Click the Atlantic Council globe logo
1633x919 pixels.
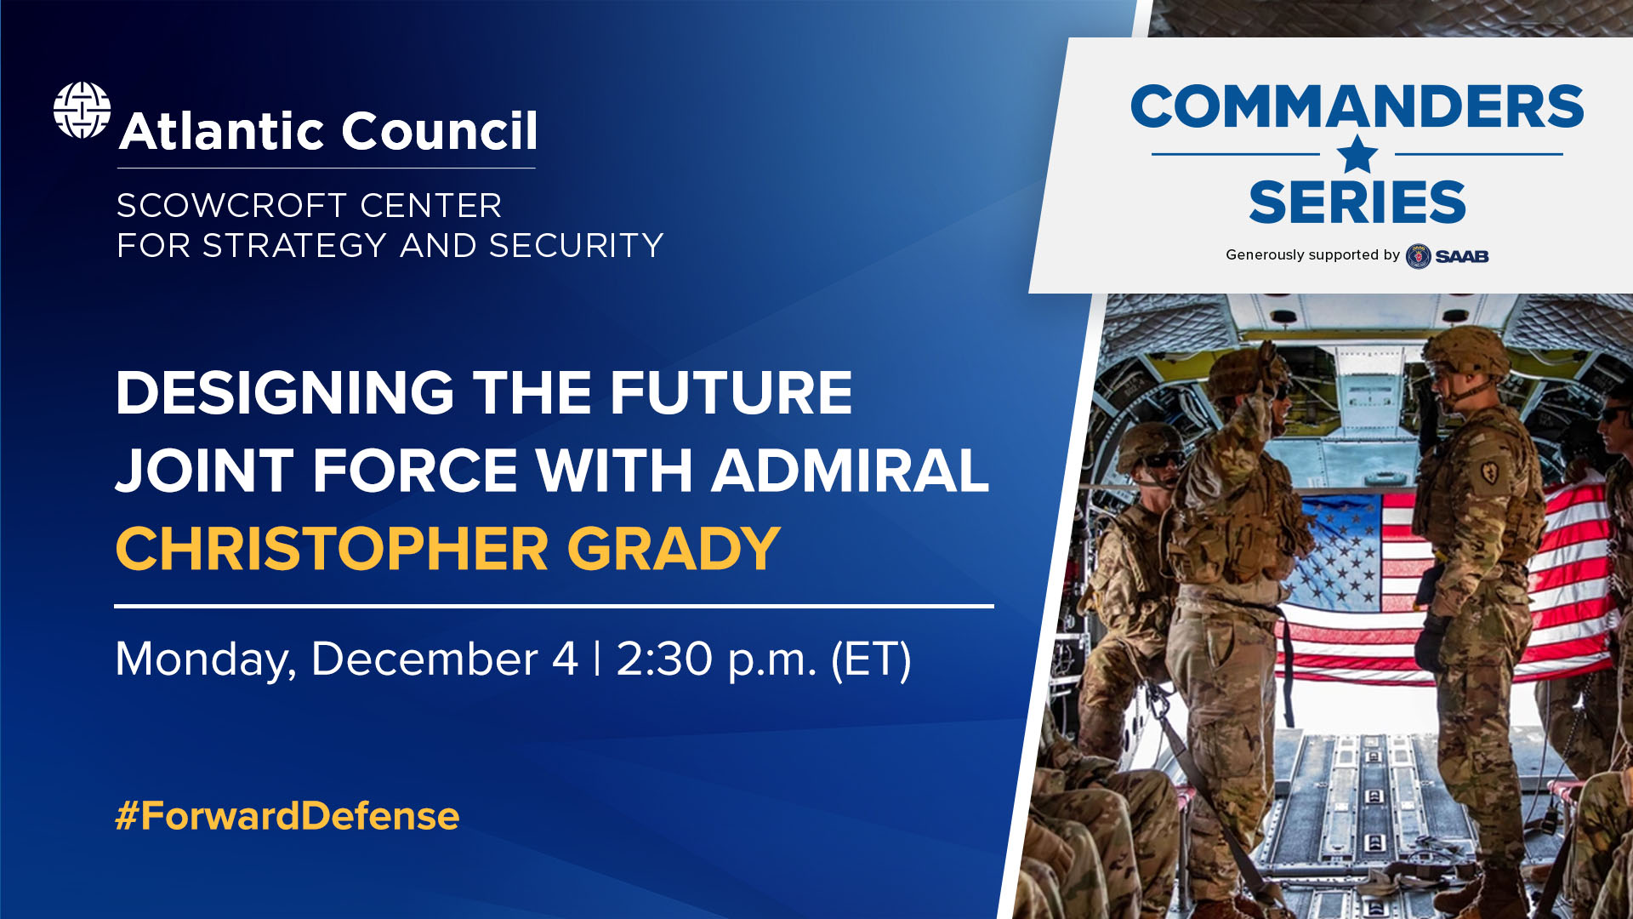(x=82, y=111)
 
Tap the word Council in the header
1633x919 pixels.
(x=439, y=131)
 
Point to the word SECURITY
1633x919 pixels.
(x=576, y=246)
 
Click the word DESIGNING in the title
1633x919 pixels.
(x=284, y=393)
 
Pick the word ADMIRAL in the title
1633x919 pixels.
(x=851, y=471)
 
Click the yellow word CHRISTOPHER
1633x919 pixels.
(x=332, y=549)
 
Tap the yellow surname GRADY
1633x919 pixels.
(x=674, y=549)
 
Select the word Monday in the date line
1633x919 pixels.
(x=205, y=659)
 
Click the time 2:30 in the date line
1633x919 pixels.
(x=663, y=659)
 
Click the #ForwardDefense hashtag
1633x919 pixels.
(x=287, y=815)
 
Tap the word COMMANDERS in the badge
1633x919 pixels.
(x=1357, y=107)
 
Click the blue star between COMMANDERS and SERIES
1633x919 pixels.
(x=1357, y=155)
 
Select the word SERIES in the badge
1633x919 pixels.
(x=1357, y=203)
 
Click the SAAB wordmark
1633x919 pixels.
(x=1462, y=256)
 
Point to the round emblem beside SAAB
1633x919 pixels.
(x=1418, y=256)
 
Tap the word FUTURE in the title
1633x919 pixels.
(x=731, y=393)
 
